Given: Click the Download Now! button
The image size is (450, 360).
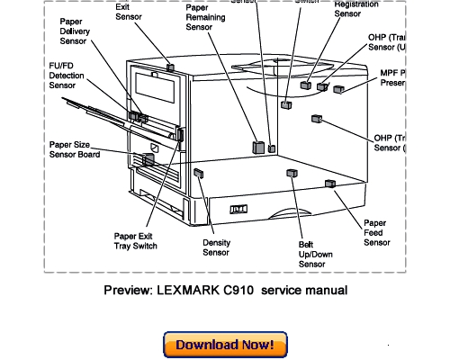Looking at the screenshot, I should point(225,345).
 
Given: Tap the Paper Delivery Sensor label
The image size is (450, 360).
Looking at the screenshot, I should point(81,32).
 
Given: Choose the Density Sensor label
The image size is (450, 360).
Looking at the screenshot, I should point(216,247).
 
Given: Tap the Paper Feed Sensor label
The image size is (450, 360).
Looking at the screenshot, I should point(376,232).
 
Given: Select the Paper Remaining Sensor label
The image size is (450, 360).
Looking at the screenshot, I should point(206,17).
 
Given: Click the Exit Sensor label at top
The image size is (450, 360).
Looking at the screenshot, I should point(129,11).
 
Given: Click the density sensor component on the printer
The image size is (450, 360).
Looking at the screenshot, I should point(198,172).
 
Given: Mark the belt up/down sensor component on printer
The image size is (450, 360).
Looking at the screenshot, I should point(291,173).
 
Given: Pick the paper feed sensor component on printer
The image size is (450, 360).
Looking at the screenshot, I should point(329,184).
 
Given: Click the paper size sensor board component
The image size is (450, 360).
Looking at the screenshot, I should point(148,158).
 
